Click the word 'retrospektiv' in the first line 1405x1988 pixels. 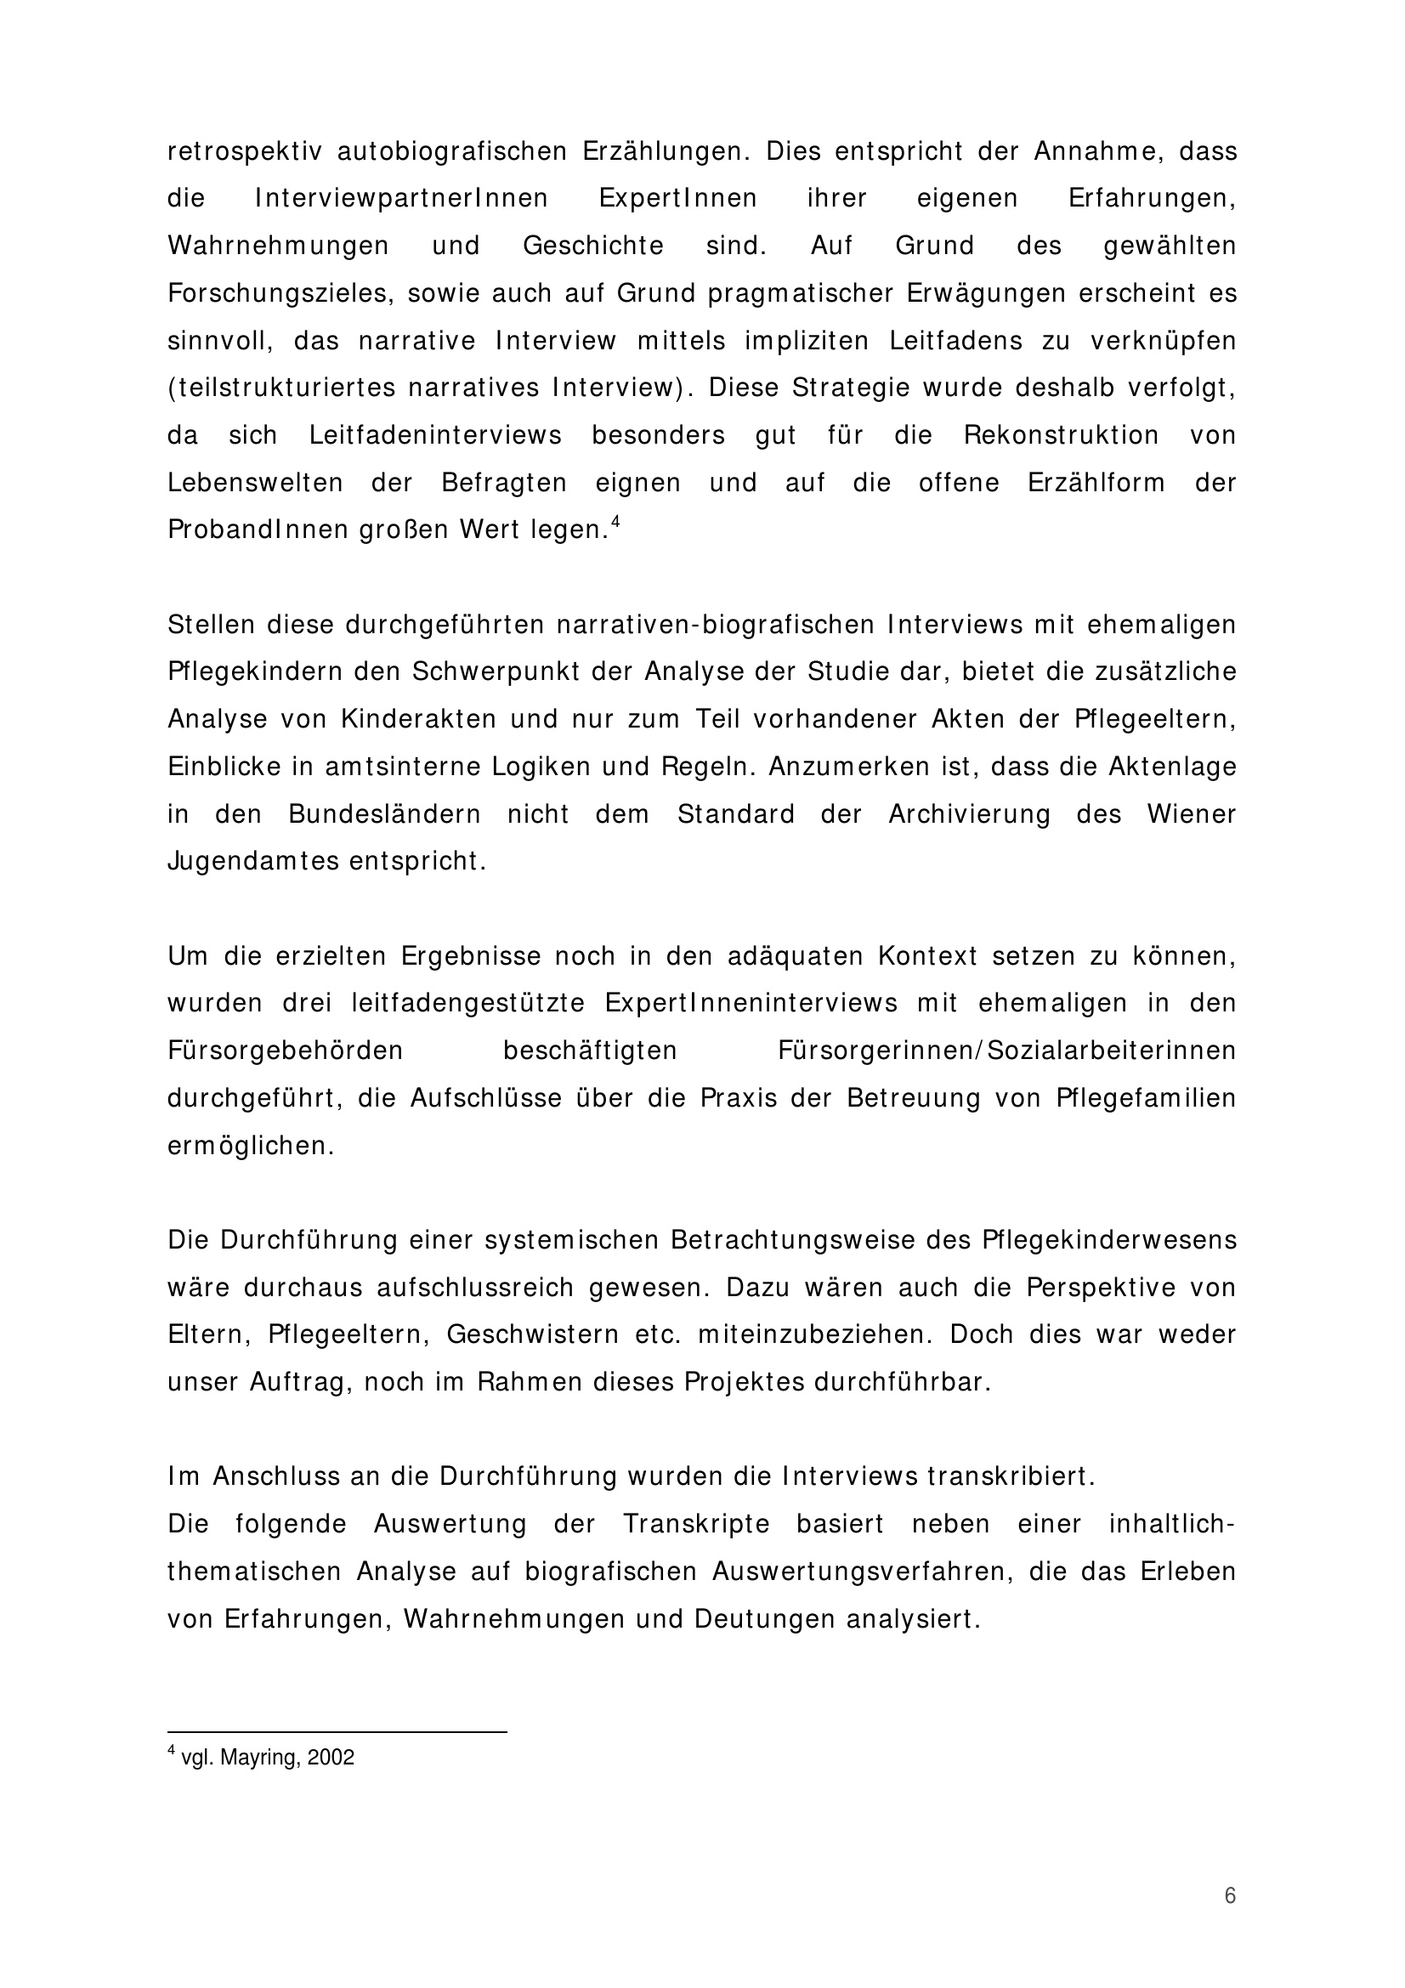tap(244, 152)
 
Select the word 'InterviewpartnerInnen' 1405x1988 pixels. tap(402, 199)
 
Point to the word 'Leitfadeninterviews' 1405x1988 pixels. tap(435, 435)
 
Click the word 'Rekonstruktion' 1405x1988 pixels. tap(1061, 435)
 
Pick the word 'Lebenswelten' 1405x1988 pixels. tap(255, 483)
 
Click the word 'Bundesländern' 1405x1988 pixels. tap(384, 815)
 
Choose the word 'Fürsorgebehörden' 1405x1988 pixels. tap(286, 1051)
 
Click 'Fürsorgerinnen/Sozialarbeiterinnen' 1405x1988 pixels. tap(1006, 1051)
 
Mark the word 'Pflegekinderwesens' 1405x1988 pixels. tap(1110, 1241)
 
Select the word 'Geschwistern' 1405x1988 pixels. tap(532, 1335)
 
